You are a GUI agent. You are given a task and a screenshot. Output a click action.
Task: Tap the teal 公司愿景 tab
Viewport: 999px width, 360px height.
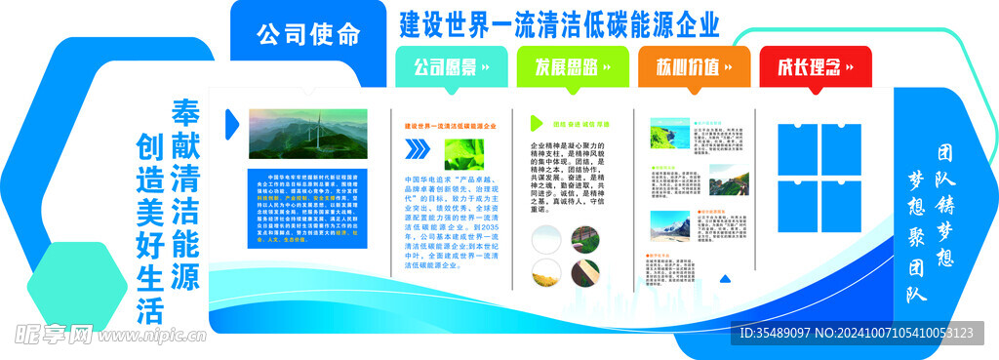pos(451,67)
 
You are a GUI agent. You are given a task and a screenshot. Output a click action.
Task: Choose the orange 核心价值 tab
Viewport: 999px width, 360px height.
pos(694,67)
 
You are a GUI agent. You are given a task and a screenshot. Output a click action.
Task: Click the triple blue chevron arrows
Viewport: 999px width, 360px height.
pos(417,148)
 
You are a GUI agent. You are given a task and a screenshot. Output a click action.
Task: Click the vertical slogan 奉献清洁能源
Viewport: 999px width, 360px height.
pos(185,195)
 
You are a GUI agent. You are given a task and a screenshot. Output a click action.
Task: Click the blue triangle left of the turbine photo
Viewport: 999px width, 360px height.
pos(231,122)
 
